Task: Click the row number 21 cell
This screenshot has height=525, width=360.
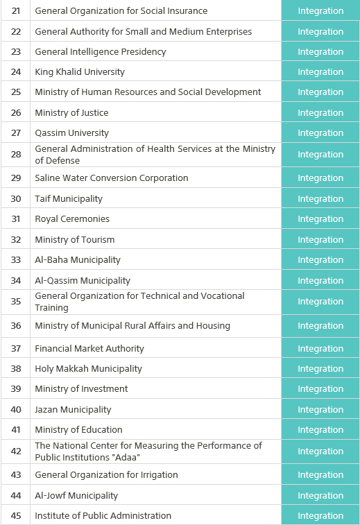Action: coord(16,11)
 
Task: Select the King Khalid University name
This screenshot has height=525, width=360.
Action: coord(80,72)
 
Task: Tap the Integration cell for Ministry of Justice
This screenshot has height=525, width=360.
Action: coord(320,112)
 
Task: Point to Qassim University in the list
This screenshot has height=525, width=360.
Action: coord(71,133)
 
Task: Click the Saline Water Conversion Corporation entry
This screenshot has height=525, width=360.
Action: coord(111,178)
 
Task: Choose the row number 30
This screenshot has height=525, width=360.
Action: coord(16,199)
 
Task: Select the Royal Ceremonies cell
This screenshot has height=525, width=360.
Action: coord(72,219)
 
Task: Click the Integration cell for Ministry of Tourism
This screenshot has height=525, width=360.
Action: coord(320,240)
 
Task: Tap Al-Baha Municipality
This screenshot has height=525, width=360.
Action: coord(78,260)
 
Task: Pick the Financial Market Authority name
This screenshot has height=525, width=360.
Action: coord(89,349)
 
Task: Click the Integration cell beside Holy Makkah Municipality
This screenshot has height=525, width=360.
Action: coord(320,369)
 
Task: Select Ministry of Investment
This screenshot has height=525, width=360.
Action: coord(81,389)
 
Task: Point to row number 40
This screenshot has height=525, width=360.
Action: coord(16,410)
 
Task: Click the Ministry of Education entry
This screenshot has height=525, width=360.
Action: coord(78,430)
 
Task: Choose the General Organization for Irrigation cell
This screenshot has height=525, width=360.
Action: coord(106,475)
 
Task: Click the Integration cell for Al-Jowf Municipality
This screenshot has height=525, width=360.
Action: coord(320,496)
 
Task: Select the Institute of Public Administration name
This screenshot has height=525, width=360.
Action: coord(103,516)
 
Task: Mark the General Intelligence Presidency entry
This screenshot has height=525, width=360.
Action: coord(100,52)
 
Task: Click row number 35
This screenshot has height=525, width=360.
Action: coord(16,302)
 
